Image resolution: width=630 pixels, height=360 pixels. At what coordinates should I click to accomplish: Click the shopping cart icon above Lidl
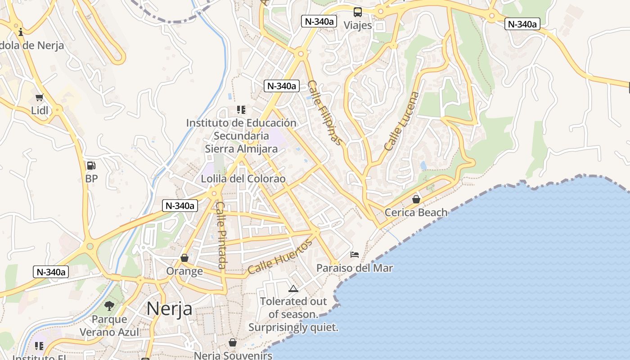40,97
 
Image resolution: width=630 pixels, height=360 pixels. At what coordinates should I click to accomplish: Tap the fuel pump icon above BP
91,166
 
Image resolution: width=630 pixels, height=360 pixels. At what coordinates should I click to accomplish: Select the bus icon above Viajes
358,12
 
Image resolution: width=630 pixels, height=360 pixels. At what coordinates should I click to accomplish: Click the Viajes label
358,25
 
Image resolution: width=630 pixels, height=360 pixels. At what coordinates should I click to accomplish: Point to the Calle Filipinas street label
325,113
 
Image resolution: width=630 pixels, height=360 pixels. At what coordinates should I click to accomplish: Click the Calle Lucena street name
402,121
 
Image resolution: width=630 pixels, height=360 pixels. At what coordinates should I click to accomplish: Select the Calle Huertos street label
279,257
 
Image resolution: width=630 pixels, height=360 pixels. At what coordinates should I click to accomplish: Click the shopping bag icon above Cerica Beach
416,199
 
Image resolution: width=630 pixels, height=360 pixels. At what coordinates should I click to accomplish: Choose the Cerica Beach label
416,212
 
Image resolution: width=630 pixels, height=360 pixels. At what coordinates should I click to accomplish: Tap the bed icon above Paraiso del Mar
355,255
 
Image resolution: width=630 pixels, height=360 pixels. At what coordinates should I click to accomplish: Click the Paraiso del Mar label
355,268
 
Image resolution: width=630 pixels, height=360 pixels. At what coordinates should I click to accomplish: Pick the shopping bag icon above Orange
184,258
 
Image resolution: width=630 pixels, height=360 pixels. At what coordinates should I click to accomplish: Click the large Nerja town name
170,309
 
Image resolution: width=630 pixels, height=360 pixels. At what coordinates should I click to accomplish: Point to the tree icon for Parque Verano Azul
109,306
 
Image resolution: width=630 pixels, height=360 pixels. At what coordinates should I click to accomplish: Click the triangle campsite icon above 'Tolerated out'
293,288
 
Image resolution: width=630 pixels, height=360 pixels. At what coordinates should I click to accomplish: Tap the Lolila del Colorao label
243,179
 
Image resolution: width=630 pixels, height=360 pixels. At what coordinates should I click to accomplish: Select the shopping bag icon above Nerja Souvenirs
233,342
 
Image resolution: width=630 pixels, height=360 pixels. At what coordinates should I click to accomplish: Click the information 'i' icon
21,32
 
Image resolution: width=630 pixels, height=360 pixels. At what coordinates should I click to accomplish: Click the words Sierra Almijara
241,148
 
